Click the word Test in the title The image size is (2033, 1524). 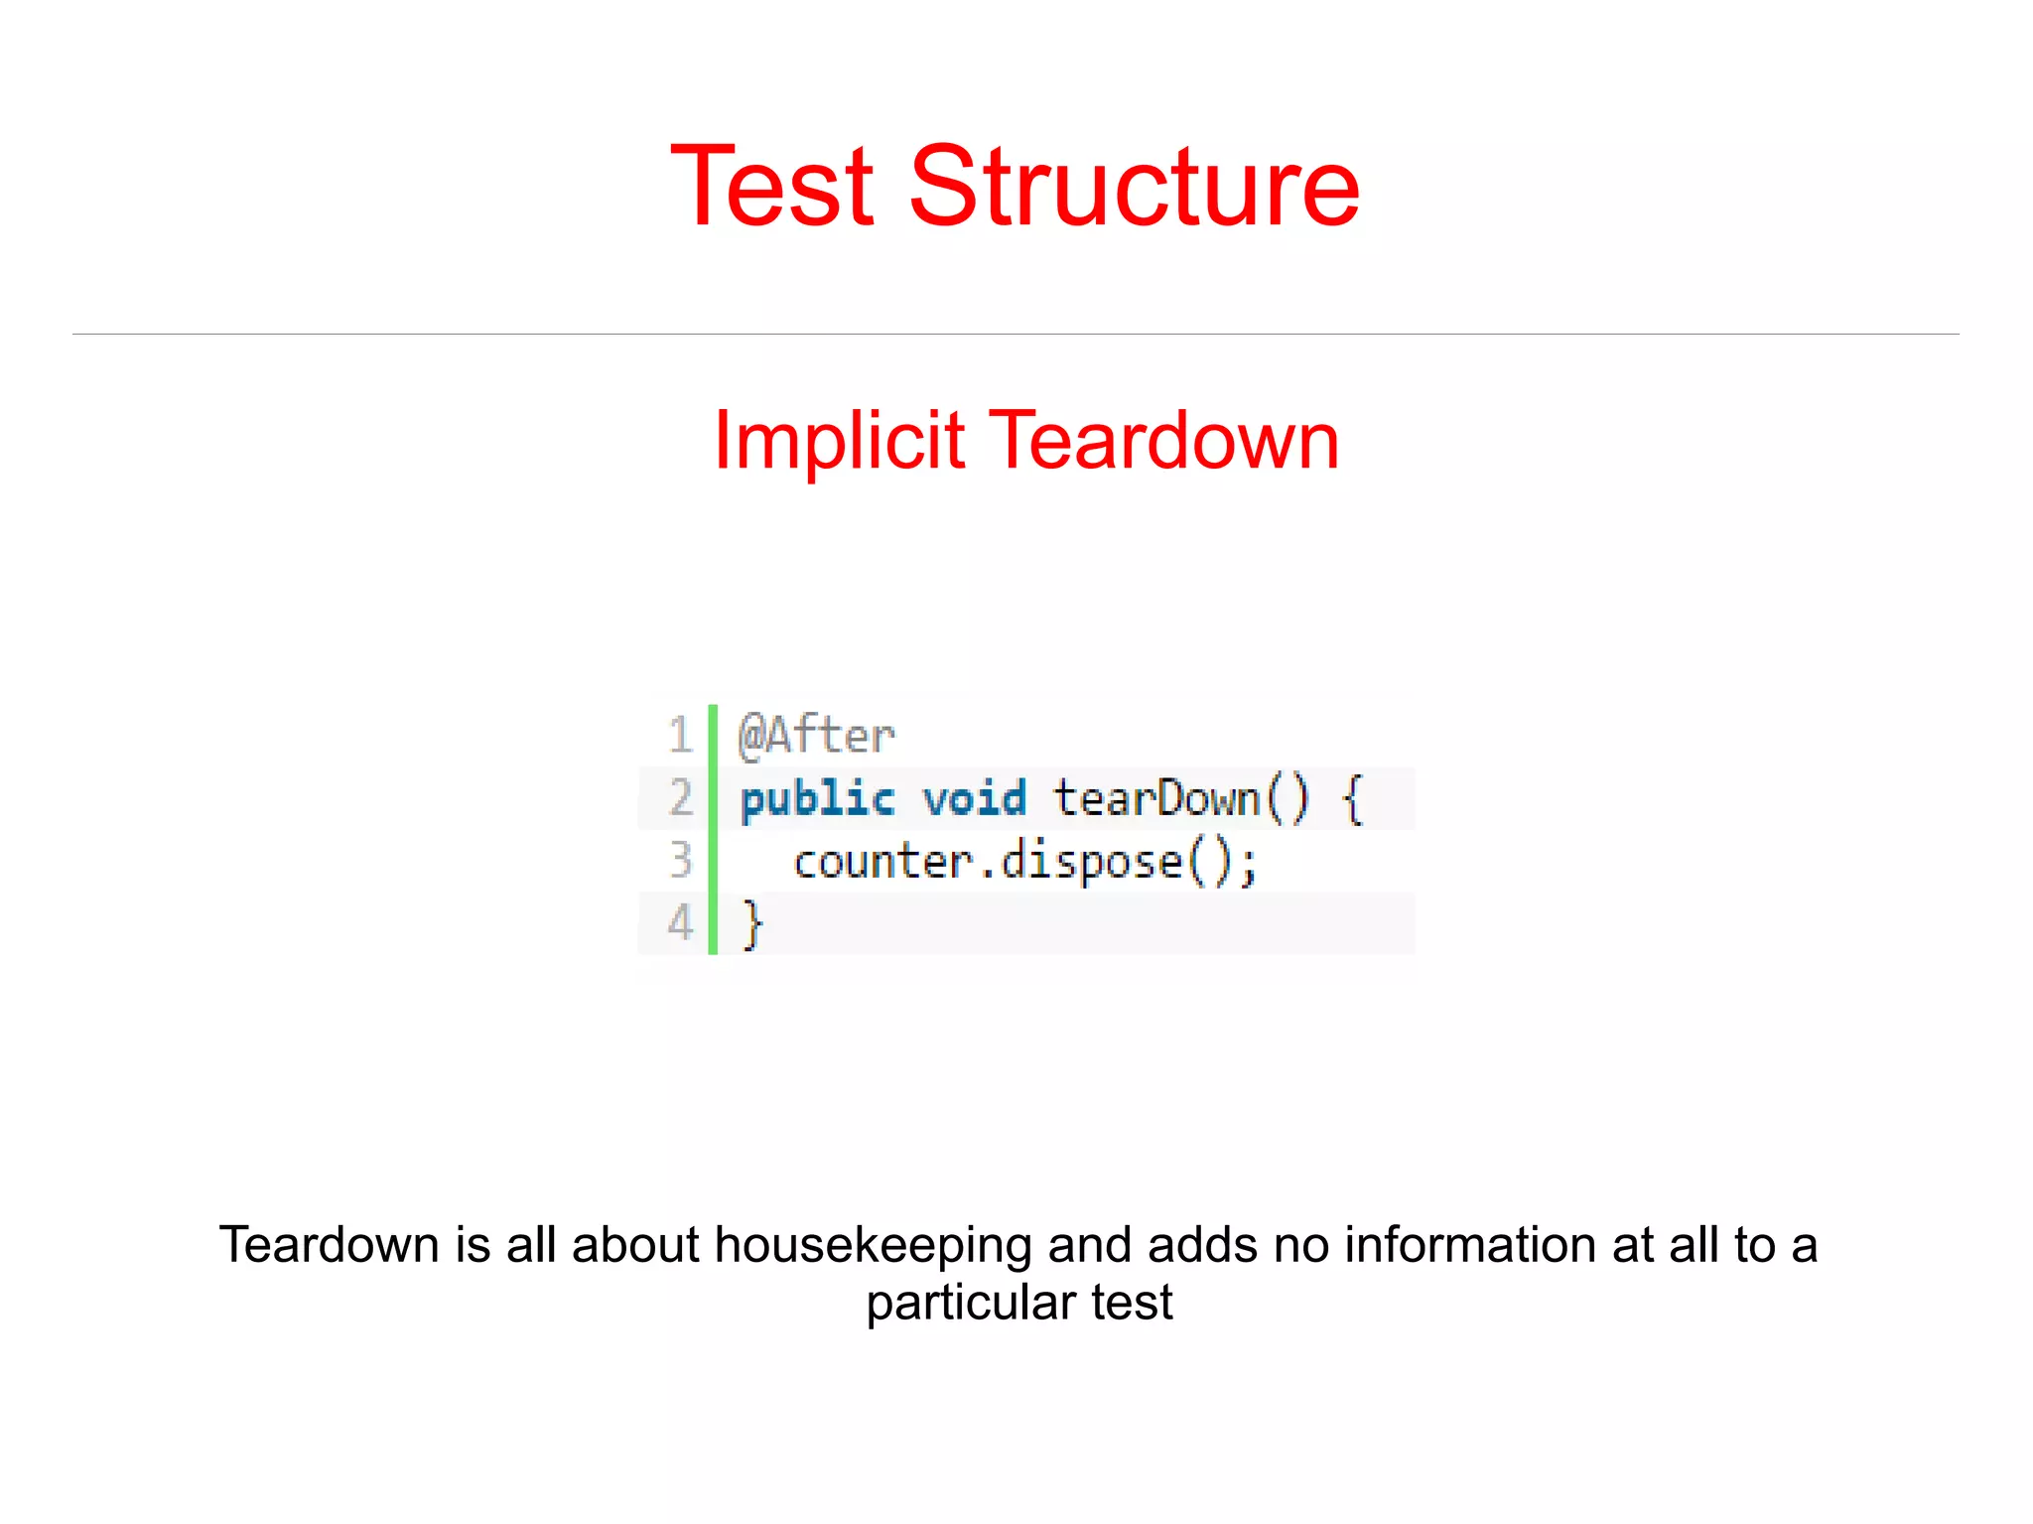pos(772,187)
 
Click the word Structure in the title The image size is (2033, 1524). pos(1134,187)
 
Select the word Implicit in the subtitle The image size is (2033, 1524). pos(839,440)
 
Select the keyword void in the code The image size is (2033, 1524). pos(974,799)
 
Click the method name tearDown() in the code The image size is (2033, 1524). pos(1180,799)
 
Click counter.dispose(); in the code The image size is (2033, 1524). pos(1025,862)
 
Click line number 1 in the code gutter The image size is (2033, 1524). pos(680,736)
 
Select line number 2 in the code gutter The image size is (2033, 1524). pos(680,798)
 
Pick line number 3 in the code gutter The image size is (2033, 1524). pos(680,861)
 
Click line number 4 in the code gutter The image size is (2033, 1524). pos(680,923)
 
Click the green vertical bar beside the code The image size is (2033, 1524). pos(713,829)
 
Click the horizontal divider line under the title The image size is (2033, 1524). pos(1016,335)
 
